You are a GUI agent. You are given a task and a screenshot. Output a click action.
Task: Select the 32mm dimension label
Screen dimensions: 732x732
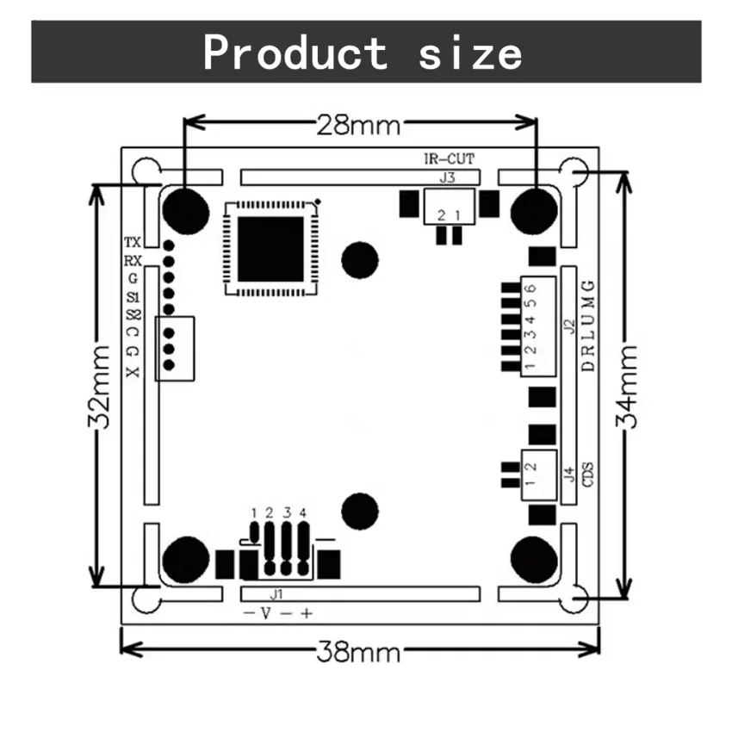102,387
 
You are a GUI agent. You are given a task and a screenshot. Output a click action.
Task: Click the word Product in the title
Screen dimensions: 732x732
295,53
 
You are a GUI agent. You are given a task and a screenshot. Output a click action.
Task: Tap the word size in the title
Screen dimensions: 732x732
470,53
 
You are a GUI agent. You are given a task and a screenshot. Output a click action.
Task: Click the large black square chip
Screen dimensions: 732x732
271,250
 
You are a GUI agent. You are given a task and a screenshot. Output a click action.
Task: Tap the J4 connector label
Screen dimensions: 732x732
568,472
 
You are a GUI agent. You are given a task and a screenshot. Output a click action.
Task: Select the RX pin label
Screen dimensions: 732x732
133,260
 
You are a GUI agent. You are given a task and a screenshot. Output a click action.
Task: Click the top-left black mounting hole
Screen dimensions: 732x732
185,209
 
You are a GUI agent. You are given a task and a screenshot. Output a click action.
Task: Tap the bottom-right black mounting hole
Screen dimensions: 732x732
533,559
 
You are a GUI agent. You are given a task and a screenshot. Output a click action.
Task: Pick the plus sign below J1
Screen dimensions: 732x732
306,613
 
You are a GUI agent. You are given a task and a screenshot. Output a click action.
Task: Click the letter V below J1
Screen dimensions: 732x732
265,613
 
